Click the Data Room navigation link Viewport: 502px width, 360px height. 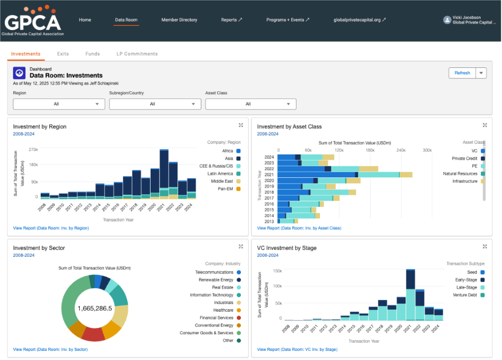pos(126,20)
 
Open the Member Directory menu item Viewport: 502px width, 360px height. pos(179,20)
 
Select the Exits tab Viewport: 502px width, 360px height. pos(63,54)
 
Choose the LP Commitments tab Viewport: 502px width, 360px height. pos(137,54)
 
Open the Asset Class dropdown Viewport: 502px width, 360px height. pos(251,104)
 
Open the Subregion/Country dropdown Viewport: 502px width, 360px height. pos(155,104)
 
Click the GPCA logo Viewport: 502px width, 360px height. pos(33,21)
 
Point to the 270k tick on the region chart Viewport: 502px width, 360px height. pos(33,150)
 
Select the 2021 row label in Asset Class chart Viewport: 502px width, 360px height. pos(269,175)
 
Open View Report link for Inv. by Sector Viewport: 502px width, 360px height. pos(50,349)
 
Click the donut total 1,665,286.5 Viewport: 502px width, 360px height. pos(95,308)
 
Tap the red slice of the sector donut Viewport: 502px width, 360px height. pos(93,334)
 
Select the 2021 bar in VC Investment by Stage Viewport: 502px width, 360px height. pos(410,295)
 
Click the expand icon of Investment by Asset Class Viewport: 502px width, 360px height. pos(485,125)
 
